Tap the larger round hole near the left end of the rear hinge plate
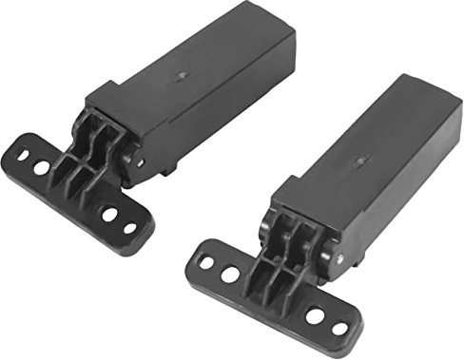click(x=42, y=167)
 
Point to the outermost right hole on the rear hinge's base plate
click(x=129, y=228)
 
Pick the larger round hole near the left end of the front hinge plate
click(x=231, y=275)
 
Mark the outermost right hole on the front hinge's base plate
click(x=338, y=329)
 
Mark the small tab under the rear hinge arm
click(x=169, y=169)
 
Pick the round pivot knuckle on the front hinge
click(x=319, y=249)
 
